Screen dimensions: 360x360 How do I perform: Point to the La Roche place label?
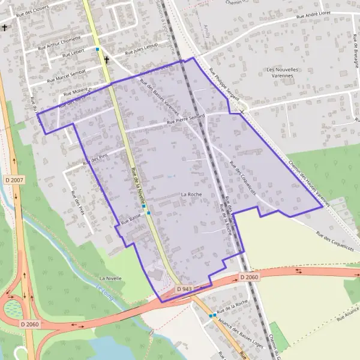[x=191, y=195]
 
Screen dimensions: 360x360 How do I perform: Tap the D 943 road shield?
[x=184, y=289]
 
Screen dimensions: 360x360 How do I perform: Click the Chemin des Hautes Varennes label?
[x=308, y=183]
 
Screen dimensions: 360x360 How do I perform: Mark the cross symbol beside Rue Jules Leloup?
[x=107, y=59]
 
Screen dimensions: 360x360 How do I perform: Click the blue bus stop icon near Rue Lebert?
[x=97, y=50]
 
